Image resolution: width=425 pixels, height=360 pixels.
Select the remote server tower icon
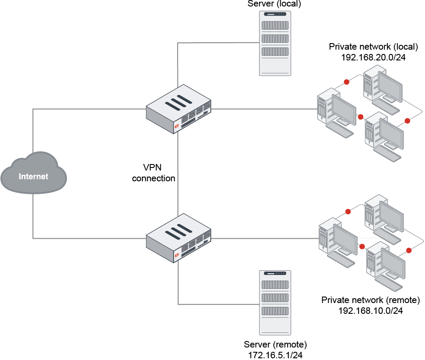pyautogui.click(x=275, y=302)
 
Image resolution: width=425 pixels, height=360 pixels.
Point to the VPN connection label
pyautogui.click(x=153, y=173)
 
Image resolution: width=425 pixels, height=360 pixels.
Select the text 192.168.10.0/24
pyautogui.click(x=371, y=310)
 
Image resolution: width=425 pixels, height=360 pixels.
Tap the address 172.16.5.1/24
pyautogui.click(x=275, y=355)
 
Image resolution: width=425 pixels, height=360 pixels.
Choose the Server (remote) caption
pyautogui.click(x=275, y=344)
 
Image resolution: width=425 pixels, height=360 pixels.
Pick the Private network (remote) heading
pyautogui.click(x=371, y=300)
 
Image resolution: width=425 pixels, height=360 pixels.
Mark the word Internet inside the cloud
pyautogui.click(x=34, y=176)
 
